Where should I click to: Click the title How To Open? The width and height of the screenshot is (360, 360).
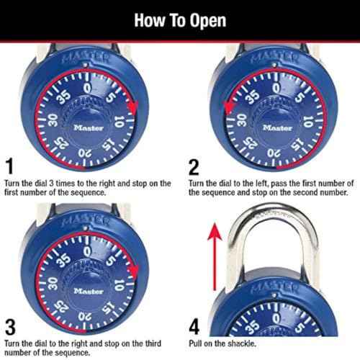pos(180,19)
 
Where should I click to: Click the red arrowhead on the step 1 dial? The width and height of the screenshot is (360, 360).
pos(131,107)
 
